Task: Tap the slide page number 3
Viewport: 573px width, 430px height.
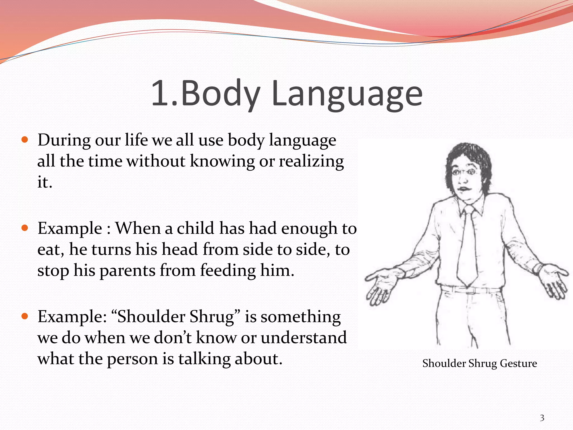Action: (x=542, y=418)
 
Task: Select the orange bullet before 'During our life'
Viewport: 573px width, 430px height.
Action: (x=25, y=139)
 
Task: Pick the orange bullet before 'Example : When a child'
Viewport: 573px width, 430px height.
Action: (x=25, y=228)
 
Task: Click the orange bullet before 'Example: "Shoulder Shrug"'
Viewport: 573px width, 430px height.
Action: (x=25, y=316)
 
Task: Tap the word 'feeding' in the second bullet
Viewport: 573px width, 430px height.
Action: (x=228, y=271)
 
